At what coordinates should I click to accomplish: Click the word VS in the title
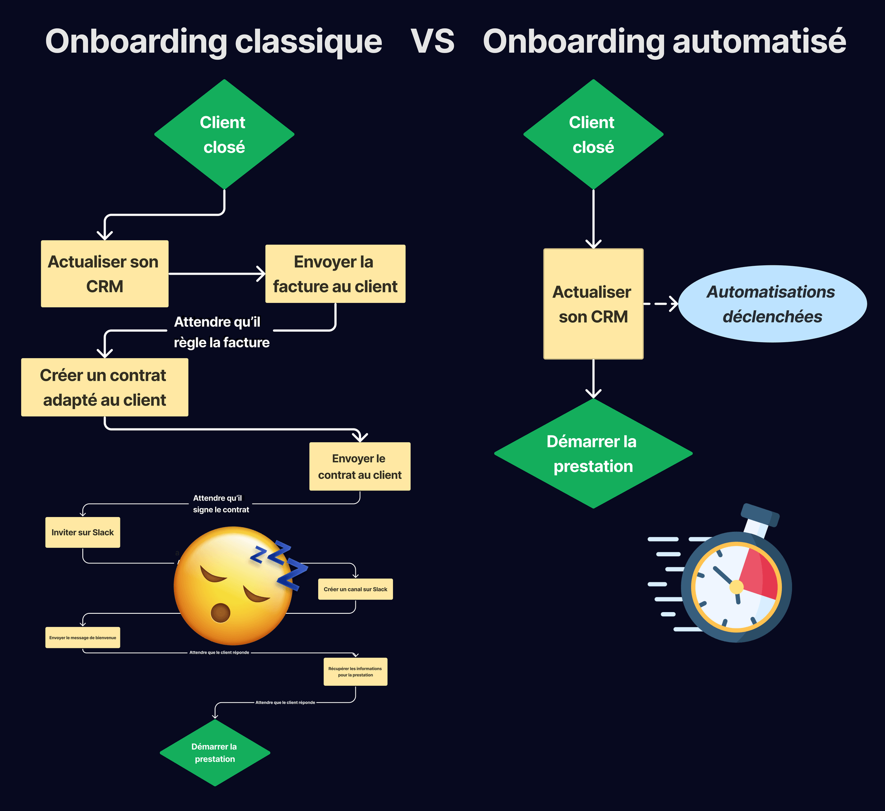432,42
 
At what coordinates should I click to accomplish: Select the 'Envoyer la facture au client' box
335,274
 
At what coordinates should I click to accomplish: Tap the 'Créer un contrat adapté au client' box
104,387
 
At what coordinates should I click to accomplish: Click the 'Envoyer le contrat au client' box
360,467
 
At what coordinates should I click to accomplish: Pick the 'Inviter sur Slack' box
83,532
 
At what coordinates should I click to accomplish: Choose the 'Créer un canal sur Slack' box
355,589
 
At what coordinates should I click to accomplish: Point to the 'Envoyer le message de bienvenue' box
83,638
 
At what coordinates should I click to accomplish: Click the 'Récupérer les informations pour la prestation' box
355,672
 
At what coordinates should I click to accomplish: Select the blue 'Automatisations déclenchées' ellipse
772,304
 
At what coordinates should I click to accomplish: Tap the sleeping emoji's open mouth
220,612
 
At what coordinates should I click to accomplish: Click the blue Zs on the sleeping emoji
279,564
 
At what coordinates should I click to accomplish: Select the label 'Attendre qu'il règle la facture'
221,332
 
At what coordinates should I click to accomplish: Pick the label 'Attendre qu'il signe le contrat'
220,504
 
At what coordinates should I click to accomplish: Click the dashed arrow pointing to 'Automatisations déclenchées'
661,304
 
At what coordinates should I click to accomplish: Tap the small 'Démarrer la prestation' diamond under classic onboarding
215,753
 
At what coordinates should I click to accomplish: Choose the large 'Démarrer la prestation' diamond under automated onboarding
593,454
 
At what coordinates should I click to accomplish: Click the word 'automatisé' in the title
758,42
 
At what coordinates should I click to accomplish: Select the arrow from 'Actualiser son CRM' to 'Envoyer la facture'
217,274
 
